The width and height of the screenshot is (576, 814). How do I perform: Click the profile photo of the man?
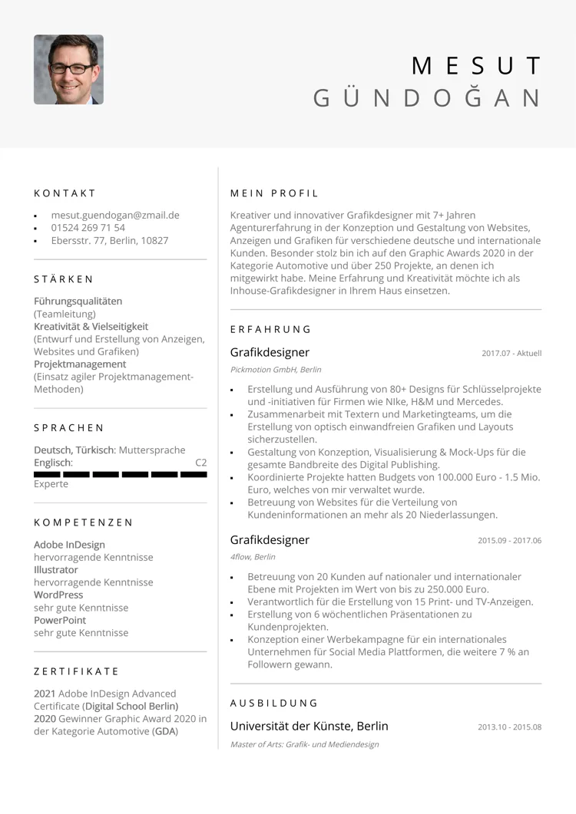(68, 69)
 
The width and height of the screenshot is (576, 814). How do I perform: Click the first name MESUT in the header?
(476, 66)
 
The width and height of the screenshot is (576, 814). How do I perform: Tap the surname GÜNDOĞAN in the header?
(427, 98)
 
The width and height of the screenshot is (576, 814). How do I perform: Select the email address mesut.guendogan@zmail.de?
(115, 215)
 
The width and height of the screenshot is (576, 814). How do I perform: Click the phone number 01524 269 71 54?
(88, 228)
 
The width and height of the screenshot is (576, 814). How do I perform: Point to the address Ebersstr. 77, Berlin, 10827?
(109, 240)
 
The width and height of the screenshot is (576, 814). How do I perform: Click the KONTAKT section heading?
(65, 193)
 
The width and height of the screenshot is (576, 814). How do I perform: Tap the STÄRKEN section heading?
(64, 279)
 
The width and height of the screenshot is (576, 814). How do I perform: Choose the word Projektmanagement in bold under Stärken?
(80, 364)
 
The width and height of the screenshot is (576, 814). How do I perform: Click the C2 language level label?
(200, 463)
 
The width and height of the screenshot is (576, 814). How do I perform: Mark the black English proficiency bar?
(121, 474)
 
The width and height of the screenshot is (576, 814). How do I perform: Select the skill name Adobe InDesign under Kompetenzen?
(69, 545)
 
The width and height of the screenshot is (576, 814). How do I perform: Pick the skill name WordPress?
(58, 595)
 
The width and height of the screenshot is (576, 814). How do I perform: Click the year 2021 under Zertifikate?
(45, 694)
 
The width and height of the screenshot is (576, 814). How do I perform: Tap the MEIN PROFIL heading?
(274, 193)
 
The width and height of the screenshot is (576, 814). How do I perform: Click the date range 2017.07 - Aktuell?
(511, 354)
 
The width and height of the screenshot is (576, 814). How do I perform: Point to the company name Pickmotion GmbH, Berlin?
(276, 370)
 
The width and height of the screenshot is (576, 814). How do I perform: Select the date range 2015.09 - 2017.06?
(509, 541)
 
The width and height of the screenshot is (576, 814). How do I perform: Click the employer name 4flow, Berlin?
(253, 557)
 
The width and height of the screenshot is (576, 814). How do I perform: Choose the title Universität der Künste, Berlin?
(310, 726)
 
